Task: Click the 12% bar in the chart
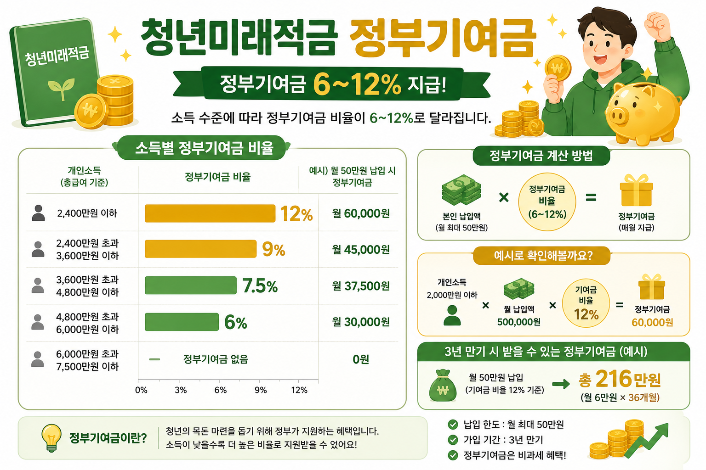click(x=210, y=213)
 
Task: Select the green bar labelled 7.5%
click(x=191, y=285)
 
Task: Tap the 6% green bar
click(x=182, y=322)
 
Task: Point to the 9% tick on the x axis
click(x=260, y=390)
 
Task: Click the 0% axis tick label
click(x=141, y=390)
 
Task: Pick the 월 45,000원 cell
click(x=361, y=250)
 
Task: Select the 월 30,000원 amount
click(x=361, y=322)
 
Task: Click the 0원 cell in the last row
click(x=361, y=359)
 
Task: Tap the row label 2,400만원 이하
click(x=87, y=213)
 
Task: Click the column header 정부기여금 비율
click(x=217, y=177)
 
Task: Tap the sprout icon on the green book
click(x=62, y=88)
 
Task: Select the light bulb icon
click(x=51, y=438)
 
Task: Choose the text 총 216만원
click(x=620, y=379)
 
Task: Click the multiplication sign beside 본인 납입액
click(x=504, y=198)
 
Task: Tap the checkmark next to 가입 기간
click(x=453, y=440)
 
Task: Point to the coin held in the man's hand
click(x=558, y=68)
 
